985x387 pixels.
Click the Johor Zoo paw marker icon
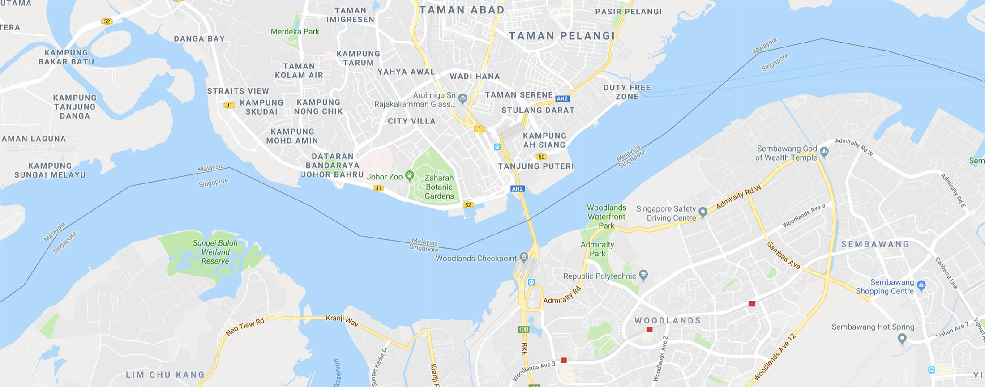pos(409,175)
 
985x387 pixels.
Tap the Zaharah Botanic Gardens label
pos(439,187)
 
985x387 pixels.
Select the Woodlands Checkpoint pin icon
pos(524,257)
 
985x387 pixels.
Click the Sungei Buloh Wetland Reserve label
pos(215,252)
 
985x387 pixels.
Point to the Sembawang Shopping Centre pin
pos(921,285)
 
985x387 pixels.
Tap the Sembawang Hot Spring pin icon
pos(902,338)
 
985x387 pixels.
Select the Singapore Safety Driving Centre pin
pos(703,212)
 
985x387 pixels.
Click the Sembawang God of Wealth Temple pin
pos(824,152)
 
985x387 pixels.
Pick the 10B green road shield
pos(523,329)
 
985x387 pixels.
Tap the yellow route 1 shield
pos(480,129)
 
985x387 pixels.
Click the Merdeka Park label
pos(295,32)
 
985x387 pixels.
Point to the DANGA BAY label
pos(199,39)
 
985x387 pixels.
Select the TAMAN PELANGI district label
pos(562,36)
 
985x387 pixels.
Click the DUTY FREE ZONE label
pos(627,92)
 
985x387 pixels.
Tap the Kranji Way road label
pos(342,320)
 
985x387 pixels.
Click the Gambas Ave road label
pos(783,255)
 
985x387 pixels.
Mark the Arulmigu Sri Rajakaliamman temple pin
pos(463,98)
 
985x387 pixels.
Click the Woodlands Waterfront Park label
pos(606,217)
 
